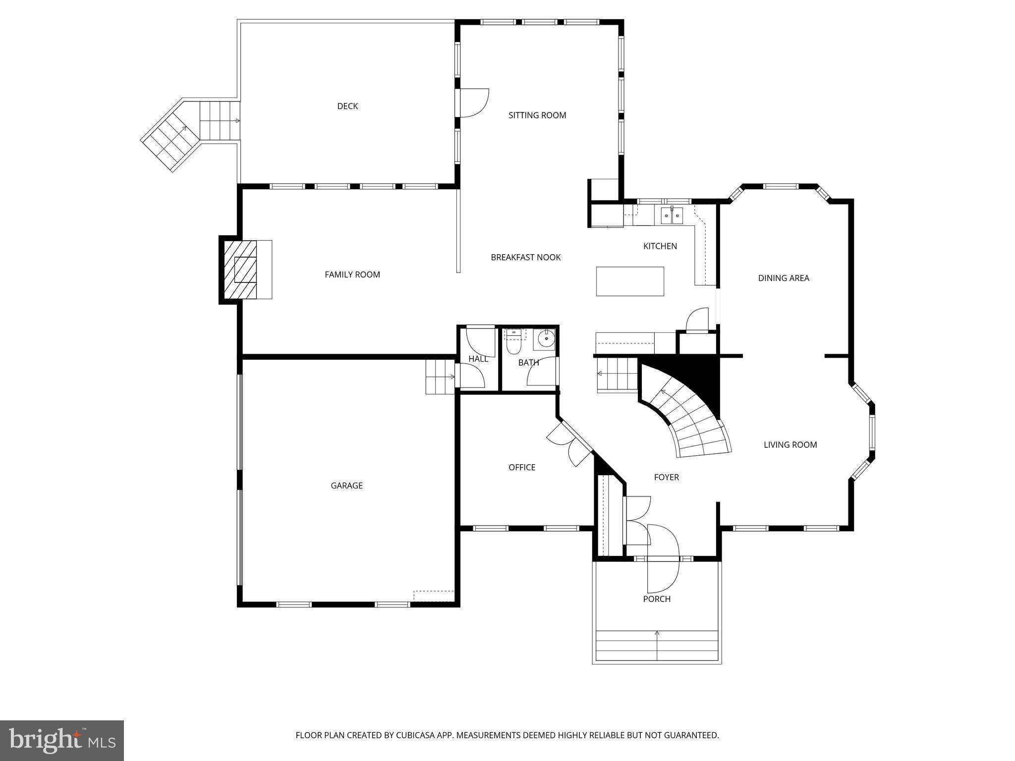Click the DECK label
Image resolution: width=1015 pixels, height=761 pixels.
[x=347, y=106]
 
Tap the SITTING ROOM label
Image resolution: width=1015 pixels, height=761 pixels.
[x=537, y=115]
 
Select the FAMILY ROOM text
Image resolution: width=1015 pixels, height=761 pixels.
[x=352, y=274]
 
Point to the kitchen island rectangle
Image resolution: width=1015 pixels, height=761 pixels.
[x=629, y=281]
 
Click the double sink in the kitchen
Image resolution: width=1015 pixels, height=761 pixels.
[x=672, y=216]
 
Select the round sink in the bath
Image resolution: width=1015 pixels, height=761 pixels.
[x=546, y=339]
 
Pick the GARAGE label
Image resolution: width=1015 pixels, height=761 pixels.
[x=346, y=486]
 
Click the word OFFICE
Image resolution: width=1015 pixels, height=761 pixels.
[x=521, y=467]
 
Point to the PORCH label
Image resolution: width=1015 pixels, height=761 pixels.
[x=657, y=599]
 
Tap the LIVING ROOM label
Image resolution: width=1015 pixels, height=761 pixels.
[x=790, y=445]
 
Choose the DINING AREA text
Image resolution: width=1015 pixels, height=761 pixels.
[x=783, y=278]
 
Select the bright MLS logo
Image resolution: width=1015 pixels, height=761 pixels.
[x=61, y=740]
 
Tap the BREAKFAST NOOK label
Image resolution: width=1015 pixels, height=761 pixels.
[x=525, y=257]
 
